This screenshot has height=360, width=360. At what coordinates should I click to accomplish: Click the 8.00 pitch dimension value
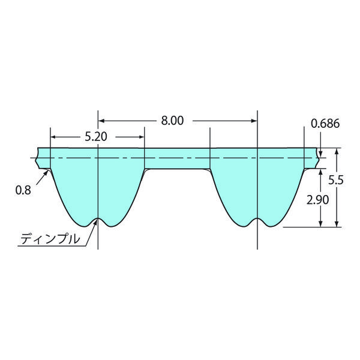click(172, 121)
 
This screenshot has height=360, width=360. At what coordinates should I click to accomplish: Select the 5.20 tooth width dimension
click(96, 137)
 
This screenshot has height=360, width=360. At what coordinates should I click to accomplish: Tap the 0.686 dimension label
click(325, 124)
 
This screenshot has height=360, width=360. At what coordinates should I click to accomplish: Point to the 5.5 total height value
click(335, 180)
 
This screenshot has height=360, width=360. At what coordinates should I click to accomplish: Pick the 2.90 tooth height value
click(317, 200)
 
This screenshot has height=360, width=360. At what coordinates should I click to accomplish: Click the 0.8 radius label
click(23, 190)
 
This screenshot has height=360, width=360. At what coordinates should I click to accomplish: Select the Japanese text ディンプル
click(50, 239)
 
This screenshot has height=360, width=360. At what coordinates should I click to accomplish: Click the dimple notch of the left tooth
click(98, 219)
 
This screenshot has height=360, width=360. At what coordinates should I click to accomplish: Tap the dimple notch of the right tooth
click(257, 219)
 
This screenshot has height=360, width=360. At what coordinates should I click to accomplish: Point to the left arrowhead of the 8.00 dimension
click(101, 121)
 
